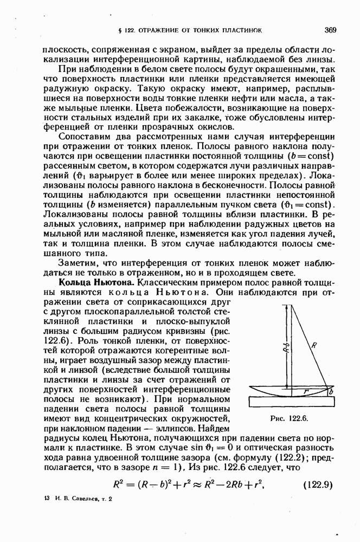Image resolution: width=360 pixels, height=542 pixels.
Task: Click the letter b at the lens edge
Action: click(x=331, y=391)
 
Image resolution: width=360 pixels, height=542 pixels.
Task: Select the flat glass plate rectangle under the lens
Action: click(x=290, y=402)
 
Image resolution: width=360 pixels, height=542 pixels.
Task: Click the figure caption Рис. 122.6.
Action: click(x=290, y=419)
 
